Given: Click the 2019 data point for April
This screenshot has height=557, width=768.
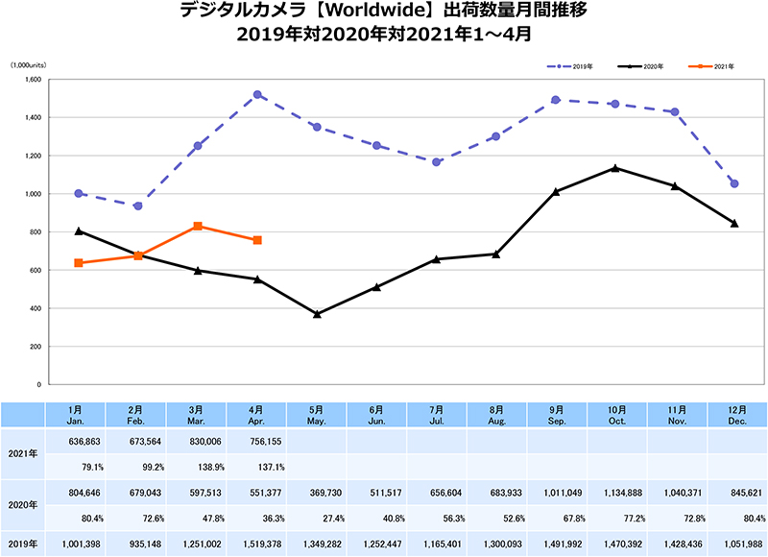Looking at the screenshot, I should coord(257,95).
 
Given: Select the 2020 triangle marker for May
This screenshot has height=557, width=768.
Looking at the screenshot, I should coord(317,314).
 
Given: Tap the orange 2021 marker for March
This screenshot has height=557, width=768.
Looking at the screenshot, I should coord(197,226).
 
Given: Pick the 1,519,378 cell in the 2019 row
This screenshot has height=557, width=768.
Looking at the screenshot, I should coord(257,544).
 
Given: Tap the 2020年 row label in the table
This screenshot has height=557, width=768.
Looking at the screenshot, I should coord(23,504).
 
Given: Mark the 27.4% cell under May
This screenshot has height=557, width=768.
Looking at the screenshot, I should coord(317,518).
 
